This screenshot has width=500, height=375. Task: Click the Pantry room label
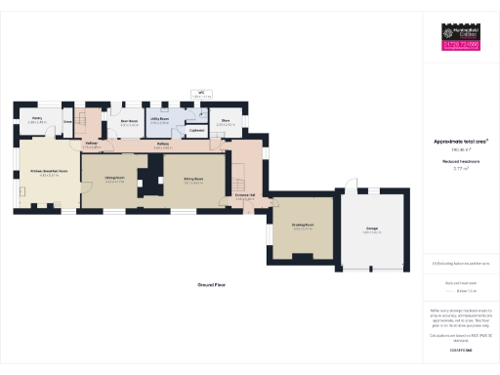[x=37, y=121]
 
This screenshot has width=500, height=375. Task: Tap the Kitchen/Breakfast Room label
[x=48, y=171]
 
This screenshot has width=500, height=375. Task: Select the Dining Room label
[x=114, y=180]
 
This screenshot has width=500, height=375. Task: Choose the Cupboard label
[x=195, y=130]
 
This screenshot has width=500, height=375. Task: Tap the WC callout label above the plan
[x=202, y=96]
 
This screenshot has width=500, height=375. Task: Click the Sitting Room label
[x=191, y=180]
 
